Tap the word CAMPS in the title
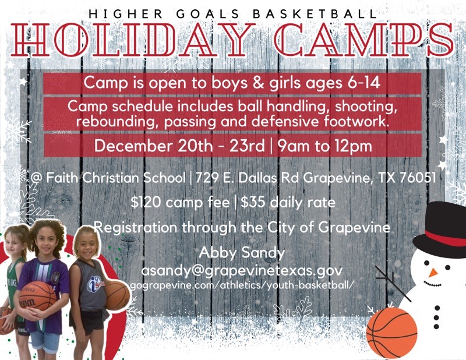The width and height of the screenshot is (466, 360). point(364,40)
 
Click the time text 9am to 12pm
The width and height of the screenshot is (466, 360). point(324,146)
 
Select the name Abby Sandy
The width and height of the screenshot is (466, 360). point(242,253)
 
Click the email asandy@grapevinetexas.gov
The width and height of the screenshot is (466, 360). point(242,270)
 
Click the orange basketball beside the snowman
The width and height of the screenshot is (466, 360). point(391,333)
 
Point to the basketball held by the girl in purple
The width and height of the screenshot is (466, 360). point(37,296)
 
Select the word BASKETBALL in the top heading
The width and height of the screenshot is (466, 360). point(316,14)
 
